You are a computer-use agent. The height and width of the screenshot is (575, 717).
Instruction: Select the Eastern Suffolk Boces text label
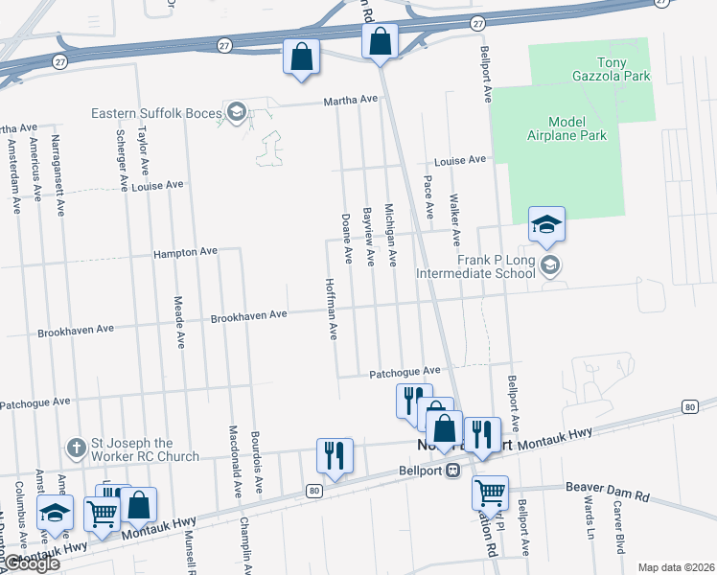154,113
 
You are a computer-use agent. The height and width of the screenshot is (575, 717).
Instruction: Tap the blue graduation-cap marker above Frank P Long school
547,225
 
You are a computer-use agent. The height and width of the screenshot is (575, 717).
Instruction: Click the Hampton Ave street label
186,253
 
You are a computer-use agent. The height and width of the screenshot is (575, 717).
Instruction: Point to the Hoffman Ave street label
332,309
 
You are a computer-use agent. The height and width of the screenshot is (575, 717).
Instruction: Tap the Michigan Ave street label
390,235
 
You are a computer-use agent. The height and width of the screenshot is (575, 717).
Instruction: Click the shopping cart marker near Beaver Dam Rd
491,494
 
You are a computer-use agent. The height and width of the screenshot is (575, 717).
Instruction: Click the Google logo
31,564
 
